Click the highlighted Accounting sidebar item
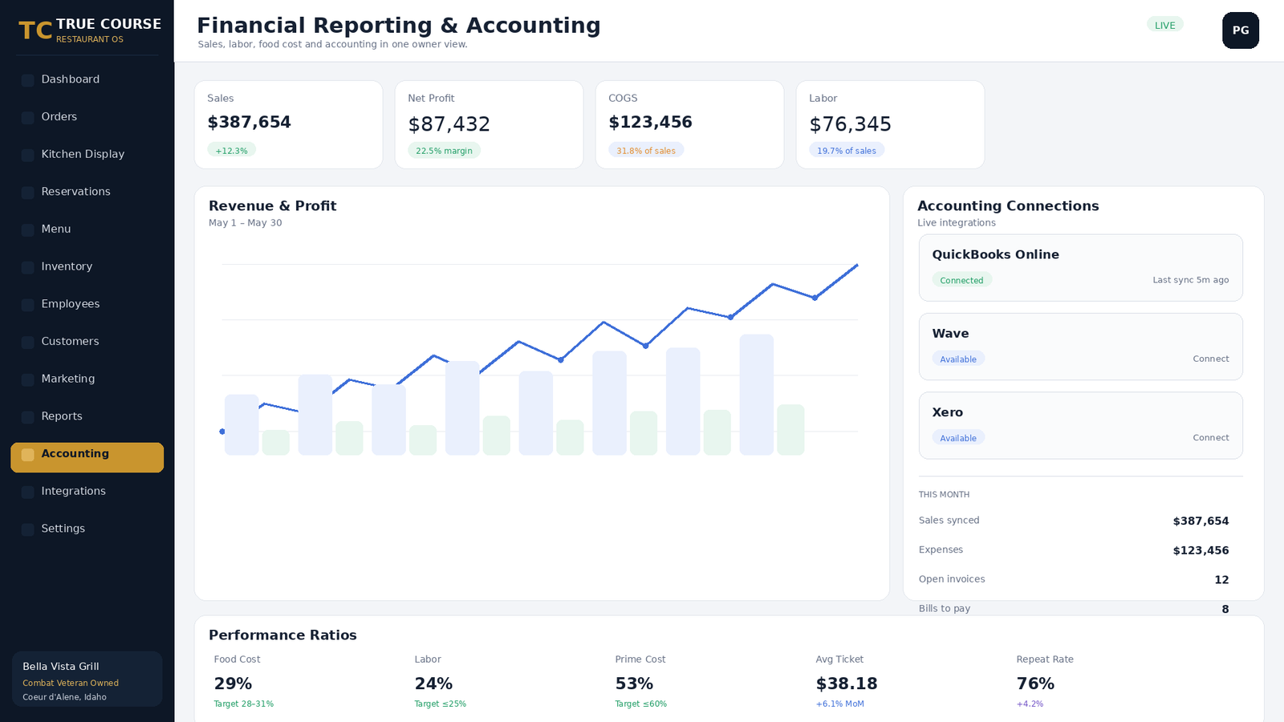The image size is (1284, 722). tap(87, 457)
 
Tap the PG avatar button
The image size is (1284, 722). tap(1241, 30)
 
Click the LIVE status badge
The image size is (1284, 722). tap(1164, 25)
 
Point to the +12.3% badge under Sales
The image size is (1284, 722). tap(232, 151)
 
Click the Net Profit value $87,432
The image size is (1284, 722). tap(449, 124)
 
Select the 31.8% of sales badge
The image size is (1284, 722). tap(646, 151)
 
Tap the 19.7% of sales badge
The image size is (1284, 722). tap(847, 151)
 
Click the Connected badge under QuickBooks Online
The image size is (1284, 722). tap(961, 280)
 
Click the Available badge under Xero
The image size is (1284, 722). tap(958, 438)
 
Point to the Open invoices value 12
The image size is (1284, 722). tap(1221, 580)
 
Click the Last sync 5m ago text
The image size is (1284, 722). tap(1191, 280)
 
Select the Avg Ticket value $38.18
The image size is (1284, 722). tap(847, 683)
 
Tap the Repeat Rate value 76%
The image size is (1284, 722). tap(1035, 683)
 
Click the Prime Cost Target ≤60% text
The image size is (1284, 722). tap(641, 704)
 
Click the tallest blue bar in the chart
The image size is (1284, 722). tap(757, 395)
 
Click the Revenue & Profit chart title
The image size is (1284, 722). tap(272, 205)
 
